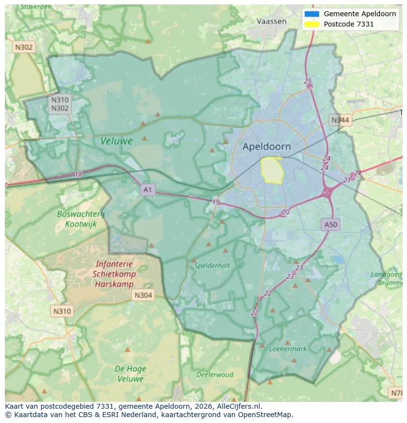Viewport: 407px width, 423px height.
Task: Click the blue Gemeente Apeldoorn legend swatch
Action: tap(312, 14)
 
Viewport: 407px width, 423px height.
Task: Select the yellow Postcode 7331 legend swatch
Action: tap(312, 24)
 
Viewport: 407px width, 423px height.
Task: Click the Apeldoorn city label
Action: tap(266, 146)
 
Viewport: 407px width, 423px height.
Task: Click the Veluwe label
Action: tap(116, 141)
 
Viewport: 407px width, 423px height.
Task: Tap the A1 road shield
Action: tap(147, 189)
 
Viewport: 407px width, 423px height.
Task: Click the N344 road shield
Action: tap(340, 120)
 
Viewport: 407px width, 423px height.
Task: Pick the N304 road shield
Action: tap(143, 295)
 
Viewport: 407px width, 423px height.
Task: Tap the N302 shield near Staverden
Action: tap(24, 47)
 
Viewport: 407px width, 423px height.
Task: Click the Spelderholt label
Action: tap(212, 265)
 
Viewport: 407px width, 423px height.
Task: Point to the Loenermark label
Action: tap(288, 349)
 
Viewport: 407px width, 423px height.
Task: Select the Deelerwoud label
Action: tap(215, 374)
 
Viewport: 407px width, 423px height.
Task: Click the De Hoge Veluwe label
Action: tap(130, 373)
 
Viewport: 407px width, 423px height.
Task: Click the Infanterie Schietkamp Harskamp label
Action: tap(114, 274)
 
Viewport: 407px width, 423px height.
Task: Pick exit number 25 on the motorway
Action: tap(308, 81)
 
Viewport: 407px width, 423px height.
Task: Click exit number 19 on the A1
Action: tap(216, 202)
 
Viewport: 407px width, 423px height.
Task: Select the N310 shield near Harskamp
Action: tap(62, 311)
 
